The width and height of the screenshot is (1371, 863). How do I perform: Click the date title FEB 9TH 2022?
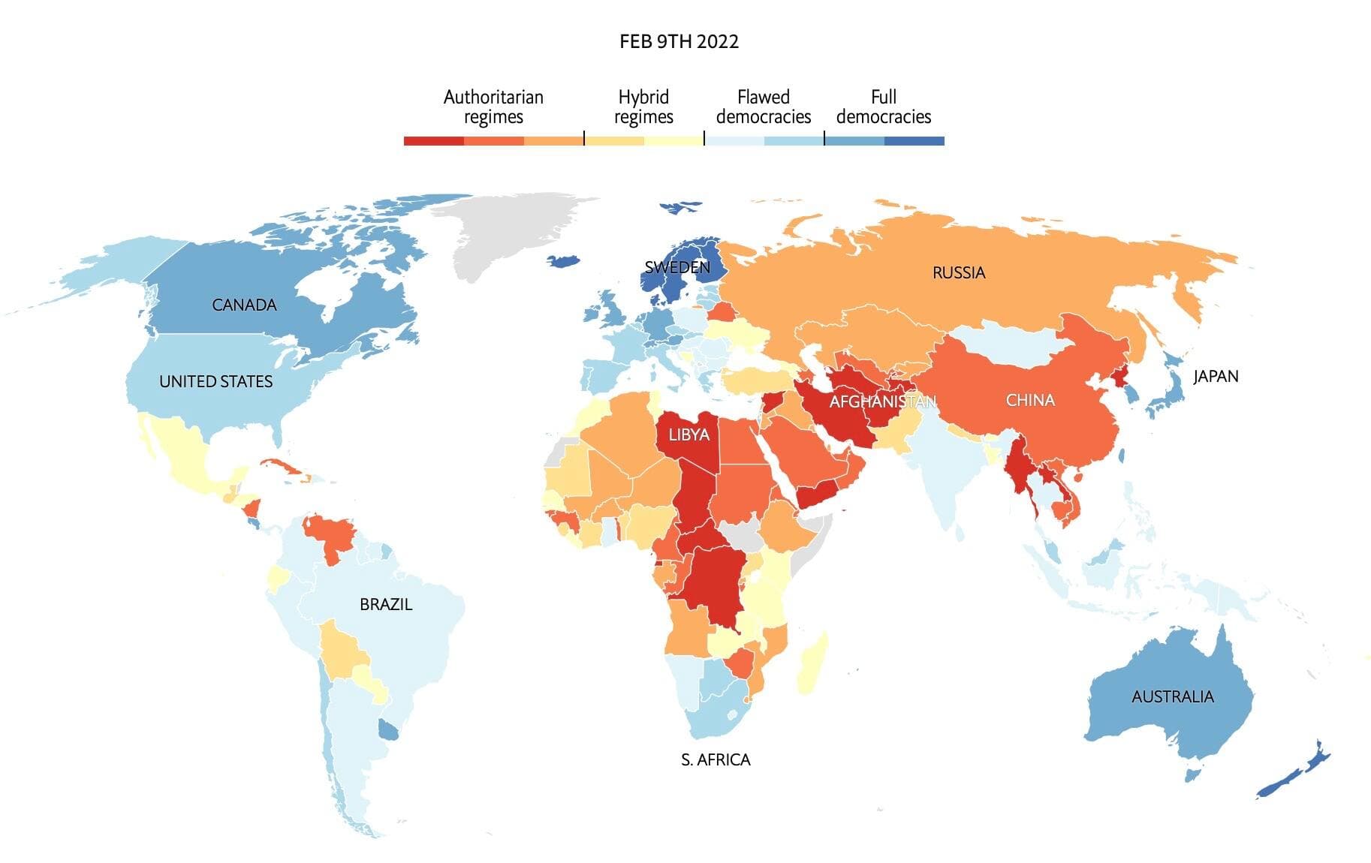pos(679,41)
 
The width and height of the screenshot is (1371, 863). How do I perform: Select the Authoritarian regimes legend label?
pos(493,107)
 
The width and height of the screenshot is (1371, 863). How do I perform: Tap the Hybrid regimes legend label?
pos(643,107)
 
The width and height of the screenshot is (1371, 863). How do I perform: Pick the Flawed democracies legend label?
pos(764,107)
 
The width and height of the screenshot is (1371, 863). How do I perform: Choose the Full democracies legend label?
pos(884,107)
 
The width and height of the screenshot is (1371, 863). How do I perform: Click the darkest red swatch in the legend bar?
pos(433,141)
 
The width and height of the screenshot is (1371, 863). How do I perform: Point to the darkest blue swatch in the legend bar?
pos(914,141)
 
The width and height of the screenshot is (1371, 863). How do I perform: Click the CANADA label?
pos(244,305)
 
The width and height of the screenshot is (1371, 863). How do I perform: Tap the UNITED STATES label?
pos(215,381)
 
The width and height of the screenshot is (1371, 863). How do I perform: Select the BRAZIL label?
pos(386,604)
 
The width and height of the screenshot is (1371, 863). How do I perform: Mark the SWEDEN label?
pos(677,267)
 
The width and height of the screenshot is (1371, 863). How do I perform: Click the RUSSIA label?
pos(959,272)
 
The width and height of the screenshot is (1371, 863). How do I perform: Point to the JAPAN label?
pos(1216,376)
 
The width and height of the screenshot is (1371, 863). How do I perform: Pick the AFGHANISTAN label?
pos(882,401)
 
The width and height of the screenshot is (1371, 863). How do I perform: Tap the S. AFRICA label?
pos(716,759)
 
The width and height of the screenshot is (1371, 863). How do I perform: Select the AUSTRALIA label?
pos(1172,696)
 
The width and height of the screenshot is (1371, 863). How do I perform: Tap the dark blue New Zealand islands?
pos(1295,773)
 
